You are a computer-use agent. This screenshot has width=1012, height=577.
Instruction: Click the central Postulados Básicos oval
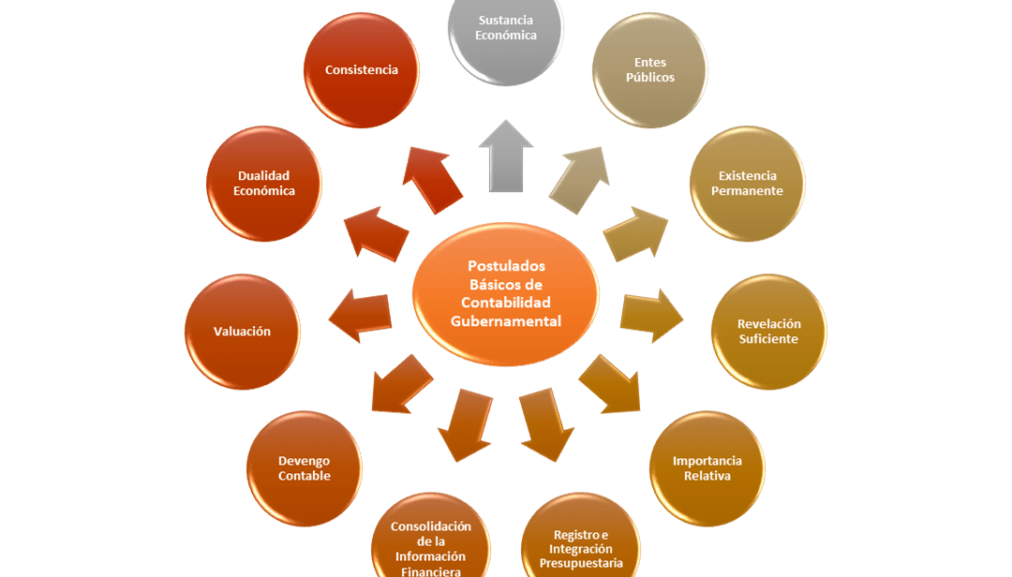pyautogui.click(x=505, y=294)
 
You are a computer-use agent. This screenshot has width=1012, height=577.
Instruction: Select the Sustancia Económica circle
pyautogui.click(x=506, y=32)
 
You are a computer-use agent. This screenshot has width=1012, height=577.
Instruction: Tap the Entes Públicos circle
pyautogui.click(x=650, y=71)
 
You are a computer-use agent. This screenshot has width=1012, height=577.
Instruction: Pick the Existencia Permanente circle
pyautogui.click(x=747, y=184)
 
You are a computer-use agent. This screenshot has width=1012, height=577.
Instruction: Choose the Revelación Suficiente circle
pyautogui.click(x=768, y=332)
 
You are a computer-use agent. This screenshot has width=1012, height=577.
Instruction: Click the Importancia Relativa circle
pyautogui.click(x=707, y=468)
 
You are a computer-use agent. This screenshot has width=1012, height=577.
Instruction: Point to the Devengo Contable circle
pyautogui.click(x=305, y=468)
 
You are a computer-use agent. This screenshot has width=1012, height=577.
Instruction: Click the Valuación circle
pyautogui.click(x=242, y=332)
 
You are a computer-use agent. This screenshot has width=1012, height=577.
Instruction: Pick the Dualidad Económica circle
pyautogui.click(x=264, y=184)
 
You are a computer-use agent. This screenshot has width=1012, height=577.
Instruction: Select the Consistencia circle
pyautogui.click(x=361, y=70)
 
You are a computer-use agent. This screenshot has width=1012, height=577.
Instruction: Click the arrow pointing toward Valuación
pyautogui.click(x=360, y=313)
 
